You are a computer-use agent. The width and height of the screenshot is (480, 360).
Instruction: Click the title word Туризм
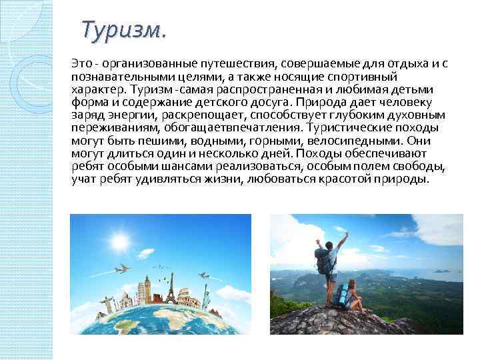click(123, 31)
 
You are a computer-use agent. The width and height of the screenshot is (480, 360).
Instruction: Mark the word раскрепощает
click(197, 115)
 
